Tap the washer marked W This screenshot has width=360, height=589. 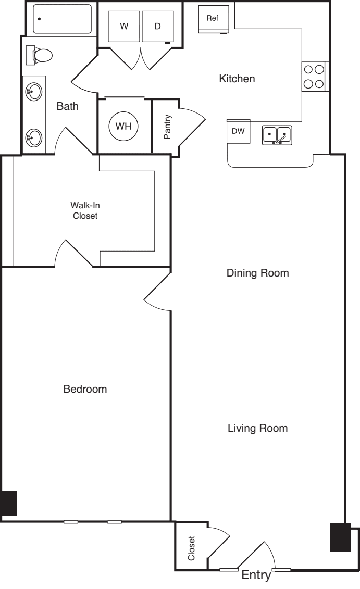pos(123,27)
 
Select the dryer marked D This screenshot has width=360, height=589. pos(157,27)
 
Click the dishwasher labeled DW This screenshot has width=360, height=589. pos(238,131)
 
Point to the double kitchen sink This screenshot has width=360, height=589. pos(277,134)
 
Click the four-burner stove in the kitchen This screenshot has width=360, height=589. pos(314,76)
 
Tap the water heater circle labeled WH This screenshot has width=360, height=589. pos(123,126)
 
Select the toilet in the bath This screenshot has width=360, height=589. pos(41,54)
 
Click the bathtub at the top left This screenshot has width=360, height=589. pos(62,19)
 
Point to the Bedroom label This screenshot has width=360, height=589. pos(85,389)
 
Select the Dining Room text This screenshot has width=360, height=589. pos(257,273)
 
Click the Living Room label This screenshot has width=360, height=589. pos(257,428)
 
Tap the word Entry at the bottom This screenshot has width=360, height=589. pos(256,575)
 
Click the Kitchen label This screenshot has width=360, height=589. pos(237,79)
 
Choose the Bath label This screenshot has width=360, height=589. pos(67,107)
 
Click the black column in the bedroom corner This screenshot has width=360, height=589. pos(8,503)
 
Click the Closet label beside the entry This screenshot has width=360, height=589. pos(191,549)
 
